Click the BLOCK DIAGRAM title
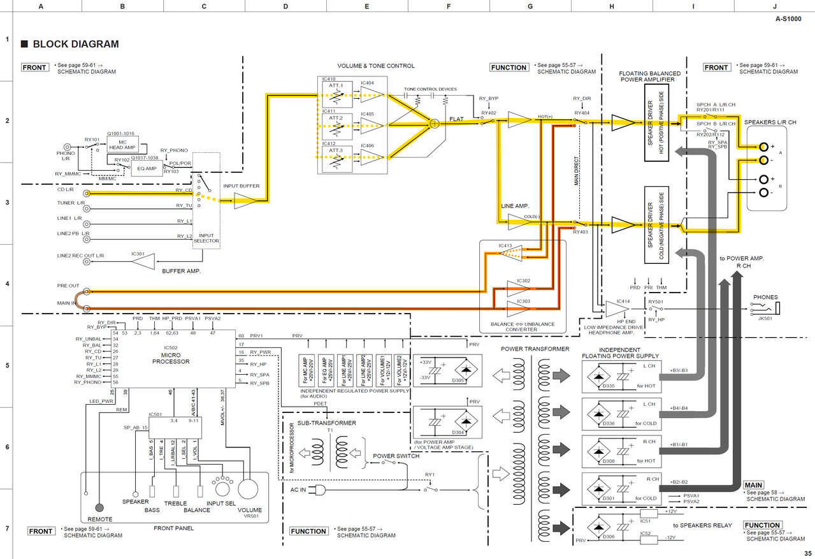tap(75, 44)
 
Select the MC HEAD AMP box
tap(122, 144)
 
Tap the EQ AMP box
tap(146, 168)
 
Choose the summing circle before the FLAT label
tap(435, 123)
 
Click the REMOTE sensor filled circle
tap(99, 508)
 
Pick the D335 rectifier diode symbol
tap(599, 376)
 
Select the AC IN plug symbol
tap(321, 490)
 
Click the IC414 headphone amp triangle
tap(616, 309)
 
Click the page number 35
tap(807, 553)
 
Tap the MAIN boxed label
tap(753, 485)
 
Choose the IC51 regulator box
tap(649, 514)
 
